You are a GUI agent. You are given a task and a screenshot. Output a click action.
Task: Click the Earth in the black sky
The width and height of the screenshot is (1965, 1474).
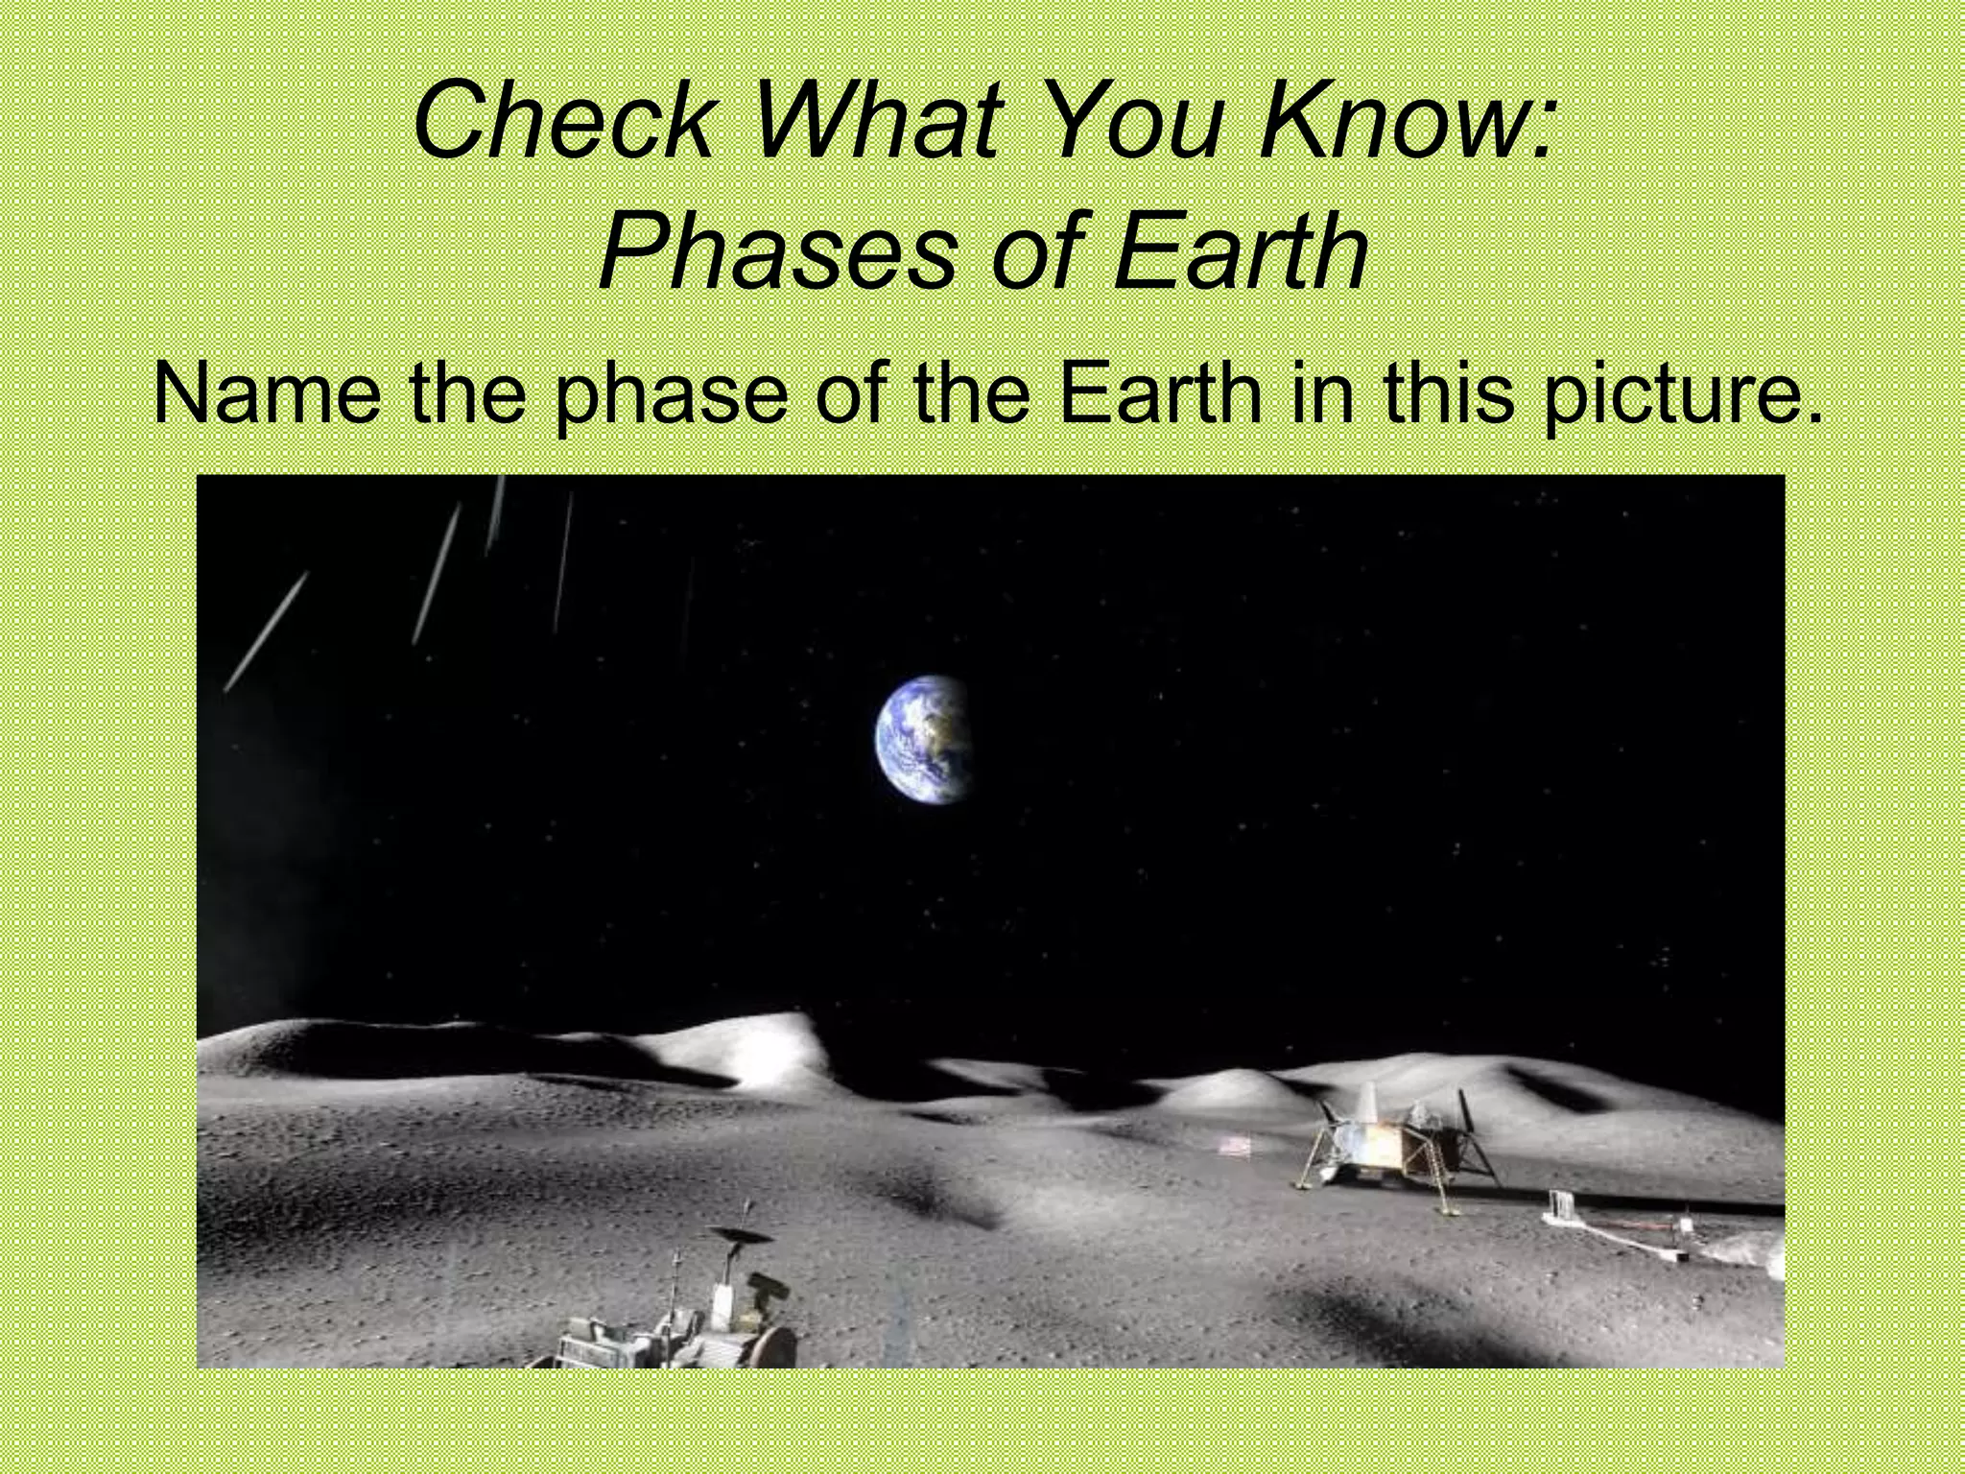(x=922, y=737)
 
